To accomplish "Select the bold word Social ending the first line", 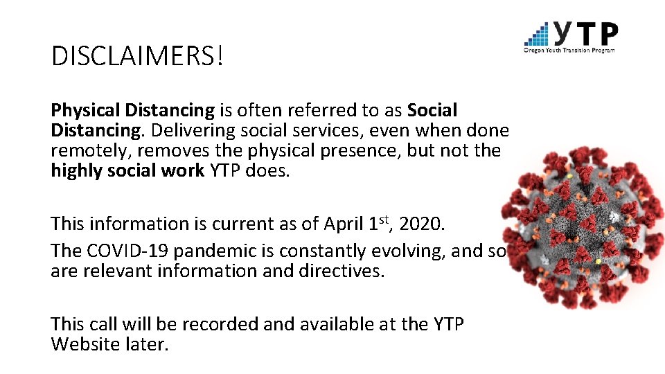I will coord(432,110).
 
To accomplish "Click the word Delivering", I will coord(182,130).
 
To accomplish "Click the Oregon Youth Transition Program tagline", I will coord(569,50).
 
